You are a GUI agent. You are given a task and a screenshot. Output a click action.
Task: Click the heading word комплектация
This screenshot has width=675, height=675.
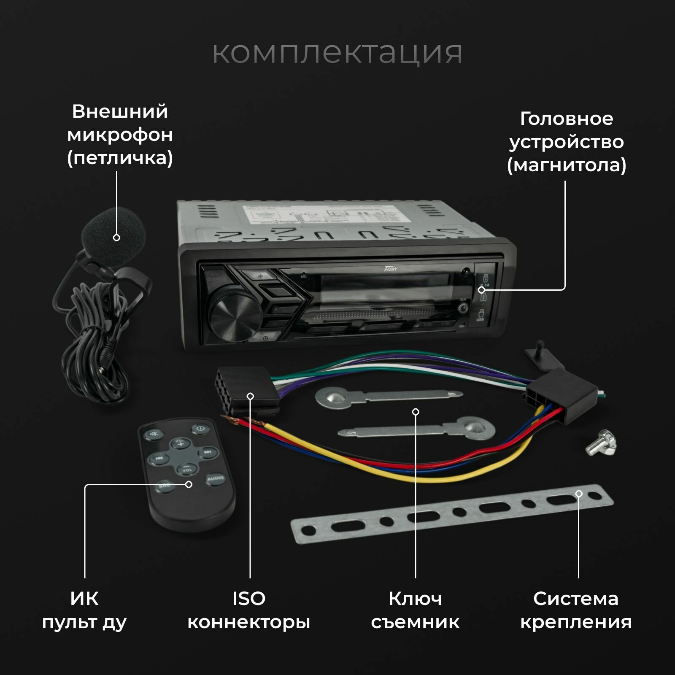click(x=337, y=53)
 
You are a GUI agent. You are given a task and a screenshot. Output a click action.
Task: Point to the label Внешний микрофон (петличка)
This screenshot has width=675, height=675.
click(x=120, y=135)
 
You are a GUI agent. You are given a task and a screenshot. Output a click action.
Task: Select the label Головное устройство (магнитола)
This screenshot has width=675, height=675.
click(x=566, y=142)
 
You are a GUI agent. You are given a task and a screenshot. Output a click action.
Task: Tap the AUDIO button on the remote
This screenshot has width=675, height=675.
click(x=215, y=479)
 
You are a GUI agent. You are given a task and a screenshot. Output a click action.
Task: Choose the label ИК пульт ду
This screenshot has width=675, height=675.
click(x=84, y=610)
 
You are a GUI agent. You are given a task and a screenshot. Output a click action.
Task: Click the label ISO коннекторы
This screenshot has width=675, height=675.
click(x=249, y=610)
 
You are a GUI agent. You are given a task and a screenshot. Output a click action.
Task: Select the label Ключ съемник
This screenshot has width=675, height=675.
click(x=415, y=610)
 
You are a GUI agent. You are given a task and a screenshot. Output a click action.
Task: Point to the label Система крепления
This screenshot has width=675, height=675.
click(x=575, y=610)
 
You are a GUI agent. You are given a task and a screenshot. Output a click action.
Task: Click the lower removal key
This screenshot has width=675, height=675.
click(x=418, y=430)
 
